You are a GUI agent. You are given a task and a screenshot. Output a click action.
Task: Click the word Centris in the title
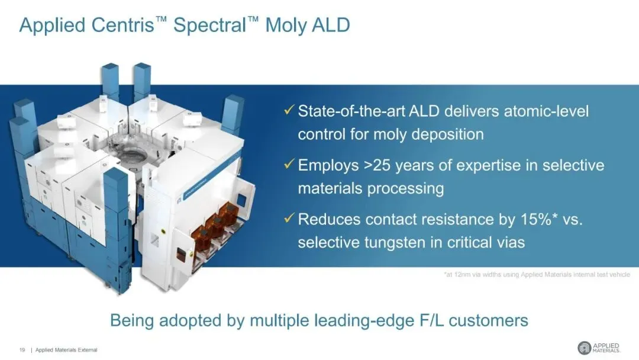(122, 25)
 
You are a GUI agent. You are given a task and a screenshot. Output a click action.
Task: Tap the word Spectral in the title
(209, 25)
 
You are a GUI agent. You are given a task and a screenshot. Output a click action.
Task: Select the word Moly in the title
(286, 25)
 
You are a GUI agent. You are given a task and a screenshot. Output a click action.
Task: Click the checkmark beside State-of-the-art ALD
(289, 110)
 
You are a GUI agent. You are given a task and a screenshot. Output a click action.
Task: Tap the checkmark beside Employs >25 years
(289, 164)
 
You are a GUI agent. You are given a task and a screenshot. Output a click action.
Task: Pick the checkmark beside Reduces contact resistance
(289, 218)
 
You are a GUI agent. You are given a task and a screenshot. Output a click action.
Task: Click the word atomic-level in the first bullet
(547, 111)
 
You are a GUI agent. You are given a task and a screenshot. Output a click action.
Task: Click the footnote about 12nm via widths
(537, 274)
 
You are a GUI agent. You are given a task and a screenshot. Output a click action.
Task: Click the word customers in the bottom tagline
(488, 320)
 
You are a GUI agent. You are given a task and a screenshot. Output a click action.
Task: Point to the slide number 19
(22, 350)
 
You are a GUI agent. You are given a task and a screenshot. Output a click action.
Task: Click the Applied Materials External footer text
(66, 350)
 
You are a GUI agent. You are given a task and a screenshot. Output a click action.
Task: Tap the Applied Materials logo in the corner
(599, 348)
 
